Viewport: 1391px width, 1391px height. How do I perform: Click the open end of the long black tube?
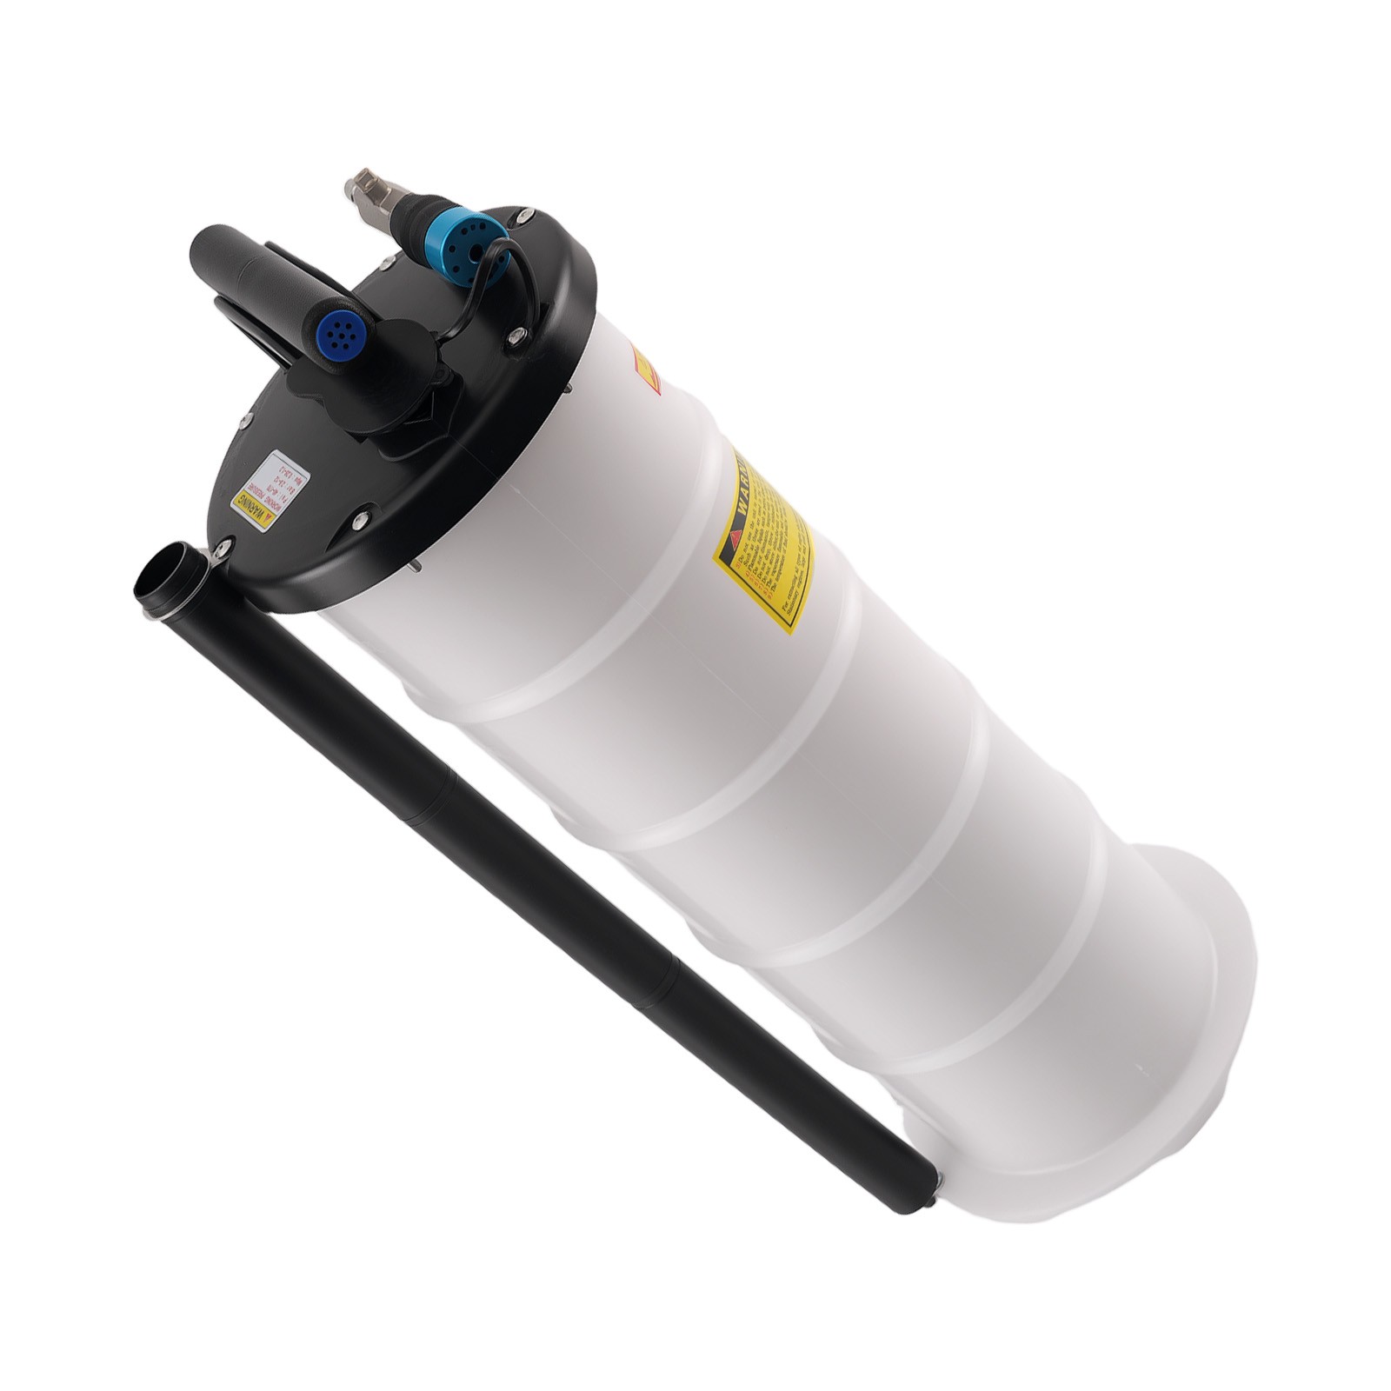pyautogui.click(x=170, y=575)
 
